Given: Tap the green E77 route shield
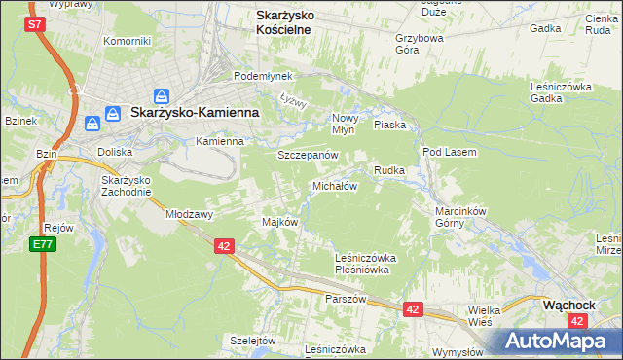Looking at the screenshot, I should [x=42, y=244].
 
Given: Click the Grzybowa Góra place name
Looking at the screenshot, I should [x=420, y=45].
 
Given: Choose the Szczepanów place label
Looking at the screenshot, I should [x=308, y=155].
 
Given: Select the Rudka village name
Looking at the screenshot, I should [x=388, y=170].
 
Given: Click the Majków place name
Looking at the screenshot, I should [x=279, y=222].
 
